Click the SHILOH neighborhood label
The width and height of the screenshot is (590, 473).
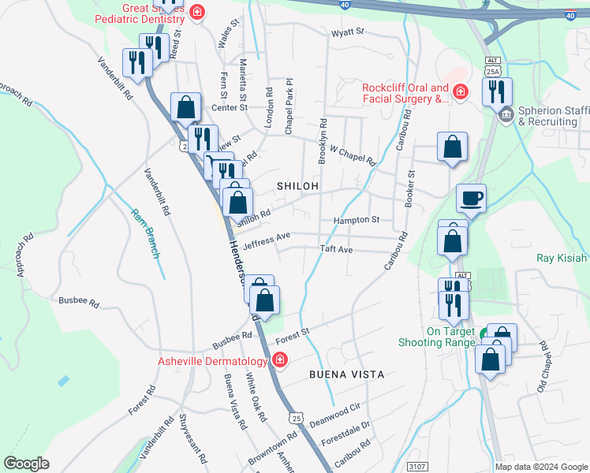[298, 185]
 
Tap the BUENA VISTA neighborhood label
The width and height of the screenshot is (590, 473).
[346, 374]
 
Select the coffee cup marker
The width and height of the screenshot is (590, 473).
[472, 198]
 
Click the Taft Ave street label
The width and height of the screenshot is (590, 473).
[335, 249]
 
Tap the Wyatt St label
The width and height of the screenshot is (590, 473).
[347, 32]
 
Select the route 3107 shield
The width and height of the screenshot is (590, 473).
[418, 467]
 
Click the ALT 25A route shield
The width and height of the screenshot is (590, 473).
[493, 67]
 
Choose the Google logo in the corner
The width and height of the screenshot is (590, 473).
[26, 464]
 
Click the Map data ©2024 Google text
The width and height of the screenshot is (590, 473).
[541, 467]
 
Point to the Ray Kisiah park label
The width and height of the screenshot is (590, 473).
[562, 258]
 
